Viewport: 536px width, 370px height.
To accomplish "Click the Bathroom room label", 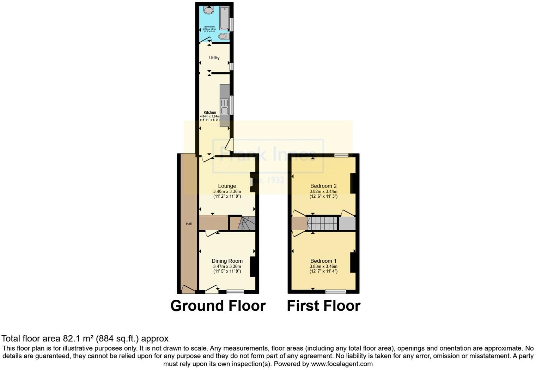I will [209, 26].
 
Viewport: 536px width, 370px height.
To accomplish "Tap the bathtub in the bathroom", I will [224, 18].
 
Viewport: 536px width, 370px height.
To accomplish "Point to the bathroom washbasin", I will [209, 10].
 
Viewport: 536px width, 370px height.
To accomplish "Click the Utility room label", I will [214, 58].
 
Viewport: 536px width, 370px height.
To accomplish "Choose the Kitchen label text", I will [210, 113].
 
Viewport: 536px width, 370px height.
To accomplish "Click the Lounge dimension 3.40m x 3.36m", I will [227, 191].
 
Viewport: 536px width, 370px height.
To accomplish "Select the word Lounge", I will [227, 186].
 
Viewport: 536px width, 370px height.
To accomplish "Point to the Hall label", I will [189, 224].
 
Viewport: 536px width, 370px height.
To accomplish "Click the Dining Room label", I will [227, 261].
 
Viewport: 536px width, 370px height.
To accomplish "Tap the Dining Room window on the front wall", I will [235, 292].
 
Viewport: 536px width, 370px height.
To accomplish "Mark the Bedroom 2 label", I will [323, 186].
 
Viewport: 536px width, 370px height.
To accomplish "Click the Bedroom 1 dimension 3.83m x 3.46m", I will [323, 267].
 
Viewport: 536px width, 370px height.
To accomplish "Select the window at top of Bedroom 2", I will [341, 155].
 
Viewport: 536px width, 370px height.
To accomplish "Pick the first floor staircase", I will [322, 223].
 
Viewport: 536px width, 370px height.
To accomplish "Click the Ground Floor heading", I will [218, 306].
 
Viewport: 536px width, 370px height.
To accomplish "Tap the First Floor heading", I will [323, 306].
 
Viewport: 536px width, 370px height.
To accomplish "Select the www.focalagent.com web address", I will [342, 364].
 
